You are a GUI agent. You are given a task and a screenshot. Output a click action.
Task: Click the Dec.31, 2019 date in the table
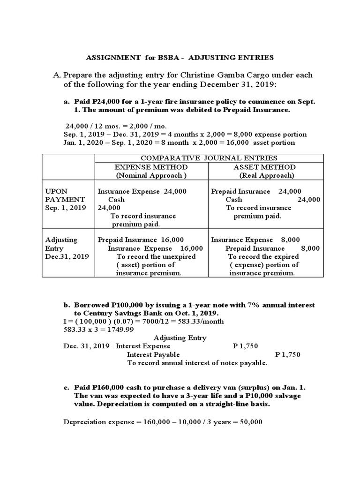(x=67, y=256)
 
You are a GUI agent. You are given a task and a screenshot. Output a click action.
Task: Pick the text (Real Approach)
(x=266, y=175)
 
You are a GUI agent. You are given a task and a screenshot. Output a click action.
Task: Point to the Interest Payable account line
(x=153, y=355)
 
